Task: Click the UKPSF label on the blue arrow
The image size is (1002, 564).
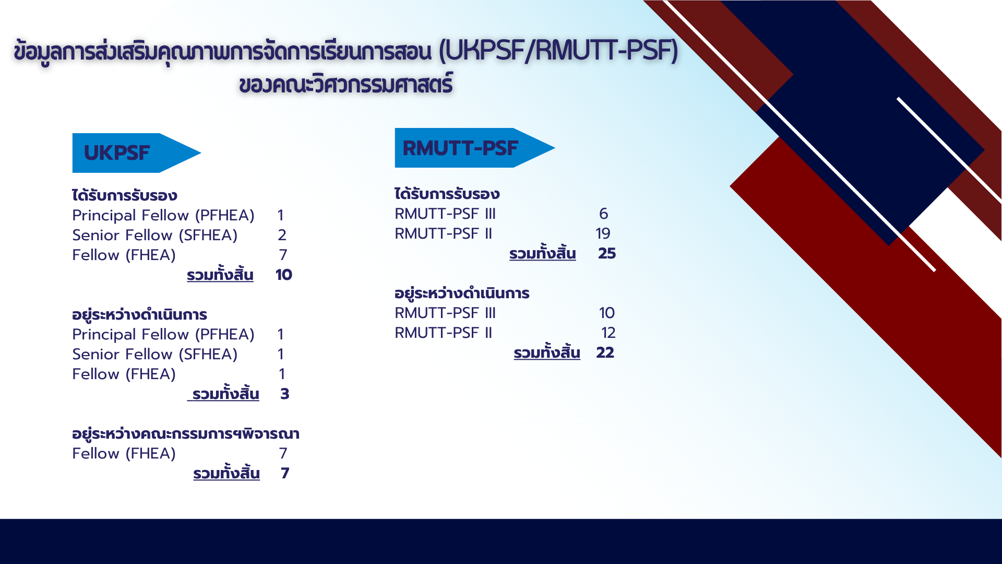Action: pyautogui.click(x=117, y=153)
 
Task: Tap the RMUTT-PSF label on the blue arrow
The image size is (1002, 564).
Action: pyautogui.click(x=460, y=148)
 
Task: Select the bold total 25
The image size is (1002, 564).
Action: pyautogui.click(x=607, y=253)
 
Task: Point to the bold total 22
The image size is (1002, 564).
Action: pyautogui.click(x=605, y=352)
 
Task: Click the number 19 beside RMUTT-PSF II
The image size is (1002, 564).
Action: pyautogui.click(x=603, y=233)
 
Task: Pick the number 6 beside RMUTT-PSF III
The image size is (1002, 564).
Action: pyautogui.click(x=604, y=214)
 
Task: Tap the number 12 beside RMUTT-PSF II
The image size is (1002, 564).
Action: pyautogui.click(x=609, y=333)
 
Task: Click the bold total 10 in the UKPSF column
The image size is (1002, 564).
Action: pyautogui.click(x=284, y=275)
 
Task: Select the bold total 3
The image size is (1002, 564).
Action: pyautogui.click(x=285, y=394)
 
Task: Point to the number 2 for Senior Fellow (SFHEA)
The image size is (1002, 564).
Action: pyautogui.click(x=282, y=235)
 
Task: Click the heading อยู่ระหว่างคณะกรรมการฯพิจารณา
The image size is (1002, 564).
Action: pyautogui.click(x=186, y=433)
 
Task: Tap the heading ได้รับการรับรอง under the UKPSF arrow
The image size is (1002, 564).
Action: pyautogui.click(x=125, y=195)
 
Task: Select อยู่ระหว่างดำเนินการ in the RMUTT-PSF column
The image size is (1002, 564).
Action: pyautogui.click(x=462, y=293)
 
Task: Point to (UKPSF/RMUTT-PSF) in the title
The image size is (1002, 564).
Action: pyautogui.click(x=558, y=51)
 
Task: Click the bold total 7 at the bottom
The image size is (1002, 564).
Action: pyautogui.click(x=285, y=473)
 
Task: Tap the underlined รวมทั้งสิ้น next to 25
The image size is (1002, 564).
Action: pyautogui.click(x=543, y=253)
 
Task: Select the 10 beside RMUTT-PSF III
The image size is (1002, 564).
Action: pyautogui.click(x=607, y=313)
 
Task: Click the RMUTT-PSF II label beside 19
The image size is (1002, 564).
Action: pyautogui.click(x=444, y=233)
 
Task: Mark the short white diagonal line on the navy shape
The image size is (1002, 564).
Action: pyautogui.click(x=949, y=148)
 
